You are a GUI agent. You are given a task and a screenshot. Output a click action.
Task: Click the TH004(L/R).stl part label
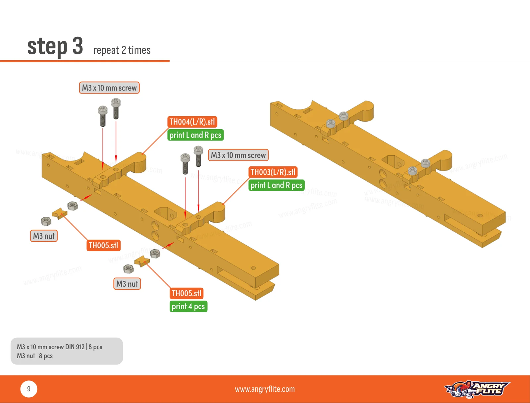click(x=192, y=122)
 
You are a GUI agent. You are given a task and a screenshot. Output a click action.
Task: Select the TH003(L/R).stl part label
click(x=273, y=172)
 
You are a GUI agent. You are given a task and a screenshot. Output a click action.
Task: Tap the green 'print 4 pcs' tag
click(x=188, y=307)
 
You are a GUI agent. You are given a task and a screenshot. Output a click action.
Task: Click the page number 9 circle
click(x=29, y=389)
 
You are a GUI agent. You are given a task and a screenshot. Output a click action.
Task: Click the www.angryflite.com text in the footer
click(x=265, y=389)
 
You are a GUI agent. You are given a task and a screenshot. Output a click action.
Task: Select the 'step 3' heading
click(x=55, y=46)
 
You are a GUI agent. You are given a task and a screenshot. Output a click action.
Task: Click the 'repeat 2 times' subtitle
click(x=122, y=50)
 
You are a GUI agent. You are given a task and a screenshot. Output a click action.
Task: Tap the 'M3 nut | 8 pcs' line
click(x=35, y=356)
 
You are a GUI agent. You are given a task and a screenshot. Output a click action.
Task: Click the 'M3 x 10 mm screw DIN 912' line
click(x=51, y=347)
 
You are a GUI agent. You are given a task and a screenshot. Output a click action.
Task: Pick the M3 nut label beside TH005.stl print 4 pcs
click(x=127, y=284)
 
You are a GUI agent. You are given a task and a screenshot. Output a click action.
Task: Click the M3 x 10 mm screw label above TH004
click(x=109, y=87)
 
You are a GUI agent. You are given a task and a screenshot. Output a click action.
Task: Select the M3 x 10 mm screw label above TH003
click(x=238, y=155)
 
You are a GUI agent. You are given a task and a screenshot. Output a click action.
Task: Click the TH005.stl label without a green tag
click(x=104, y=245)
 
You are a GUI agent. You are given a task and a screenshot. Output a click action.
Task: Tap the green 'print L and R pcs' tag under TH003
click(x=277, y=185)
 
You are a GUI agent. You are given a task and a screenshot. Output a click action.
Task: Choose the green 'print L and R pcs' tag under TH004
click(x=195, y=135)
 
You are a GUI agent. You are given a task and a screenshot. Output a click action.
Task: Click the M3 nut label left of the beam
click(x=44, y=236)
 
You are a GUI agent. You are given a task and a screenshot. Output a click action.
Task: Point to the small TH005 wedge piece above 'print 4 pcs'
click(x=142, y=261)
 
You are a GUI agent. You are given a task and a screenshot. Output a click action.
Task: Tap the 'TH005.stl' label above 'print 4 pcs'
click(x=186, y=293)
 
